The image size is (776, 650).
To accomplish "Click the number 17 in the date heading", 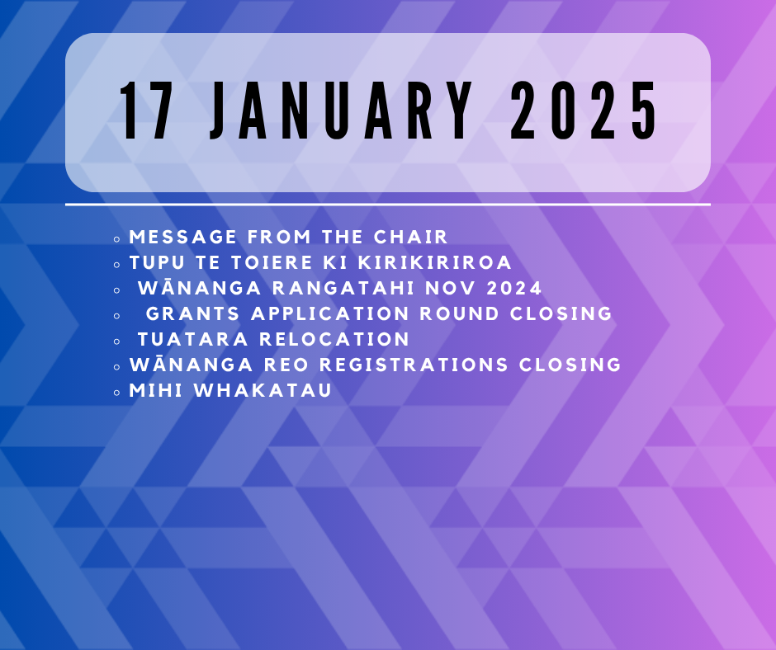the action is click(x=146, y=111).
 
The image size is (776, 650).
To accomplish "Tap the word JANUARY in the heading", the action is click(x=340, y=111).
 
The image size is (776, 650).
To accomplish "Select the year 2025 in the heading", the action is click(x=584, y=111).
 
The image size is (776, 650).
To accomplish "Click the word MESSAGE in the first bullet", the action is click(x=183, y=237).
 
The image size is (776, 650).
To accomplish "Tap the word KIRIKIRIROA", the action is click(x=434, y=262).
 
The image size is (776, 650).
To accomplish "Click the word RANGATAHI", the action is click(x=343, y=289).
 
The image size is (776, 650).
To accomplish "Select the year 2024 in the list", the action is click(x=514, y=289).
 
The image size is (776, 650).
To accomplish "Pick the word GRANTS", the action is click(x=193, y=313).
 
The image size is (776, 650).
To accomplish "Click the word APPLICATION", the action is click(x=330, y=313).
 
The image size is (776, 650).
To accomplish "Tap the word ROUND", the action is click(x=460, y=313).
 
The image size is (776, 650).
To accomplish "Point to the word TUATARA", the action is click(x=193, y=339).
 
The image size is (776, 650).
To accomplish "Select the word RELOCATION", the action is click(x=334, y=339).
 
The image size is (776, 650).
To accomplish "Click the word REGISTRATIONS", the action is click(x=414, y=365).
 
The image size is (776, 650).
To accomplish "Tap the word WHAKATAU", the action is click(x=263, y=391).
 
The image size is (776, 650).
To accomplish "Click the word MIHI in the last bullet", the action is click(x=156, y=391).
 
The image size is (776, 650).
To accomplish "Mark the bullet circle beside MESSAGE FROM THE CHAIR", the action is click(x=116, y=239).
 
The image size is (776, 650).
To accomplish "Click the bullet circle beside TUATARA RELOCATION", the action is click(x=116, y=341).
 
